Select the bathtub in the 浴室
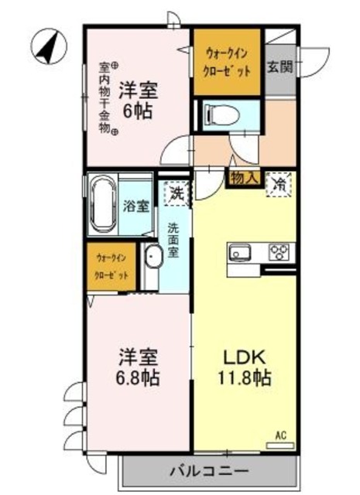pos(103,207)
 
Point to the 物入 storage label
pos(245,177)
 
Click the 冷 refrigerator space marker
pos(279,185)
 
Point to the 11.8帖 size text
pos(245,380)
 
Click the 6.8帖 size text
pos(139,380)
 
